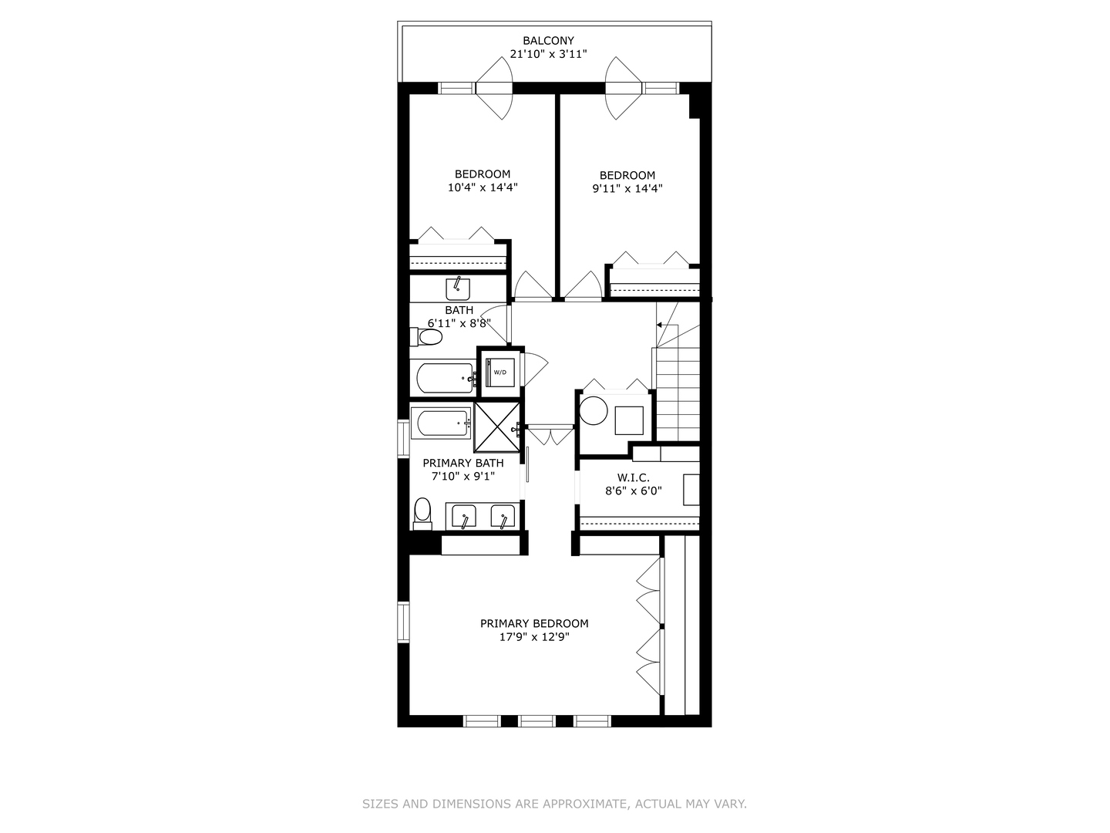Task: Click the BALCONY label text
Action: [548, 41]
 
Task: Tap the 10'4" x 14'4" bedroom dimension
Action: [483, 187]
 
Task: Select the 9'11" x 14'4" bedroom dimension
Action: [627, 188]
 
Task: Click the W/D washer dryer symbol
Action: [500, 373]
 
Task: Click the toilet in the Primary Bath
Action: [422, 513]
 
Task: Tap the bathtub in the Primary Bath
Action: [441, 423]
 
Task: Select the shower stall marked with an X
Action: [496, 427]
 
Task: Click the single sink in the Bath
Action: [458, 288]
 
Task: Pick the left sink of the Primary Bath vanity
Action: [464, 517]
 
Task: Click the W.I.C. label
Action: [633, 478]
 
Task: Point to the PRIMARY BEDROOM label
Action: [534, 623]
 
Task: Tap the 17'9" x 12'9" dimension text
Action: [534, 637]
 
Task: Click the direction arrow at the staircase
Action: [659, 325]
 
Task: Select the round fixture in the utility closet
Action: [594, 410]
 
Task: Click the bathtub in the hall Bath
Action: [444, 378]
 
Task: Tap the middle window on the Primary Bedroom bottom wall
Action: [537, 721]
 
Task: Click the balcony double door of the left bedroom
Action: [493, 88]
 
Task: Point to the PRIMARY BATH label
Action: [462, 463]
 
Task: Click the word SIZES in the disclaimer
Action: [379, 804]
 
